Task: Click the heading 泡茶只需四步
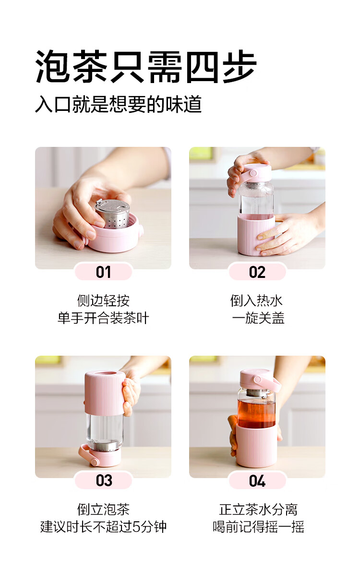click(x=146, y=67)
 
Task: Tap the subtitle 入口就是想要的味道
click(x=118, y=104)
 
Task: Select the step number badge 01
click(x=103, y=272)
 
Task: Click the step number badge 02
click(x=257, y=272)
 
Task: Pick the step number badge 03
click(x=103, y=480)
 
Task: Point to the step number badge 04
click(x=257, y=480)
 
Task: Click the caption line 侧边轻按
click(x=103, y=300)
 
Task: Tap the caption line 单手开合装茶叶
click(x=103, y=318)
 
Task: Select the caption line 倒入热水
click(x=257, y=300)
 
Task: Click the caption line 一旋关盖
click(x=258, y=318)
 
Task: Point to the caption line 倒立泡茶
click(x=103, y=509)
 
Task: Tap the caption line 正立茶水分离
click(x=258, y=509)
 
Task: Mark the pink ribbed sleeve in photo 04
click(x=257, y=445)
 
